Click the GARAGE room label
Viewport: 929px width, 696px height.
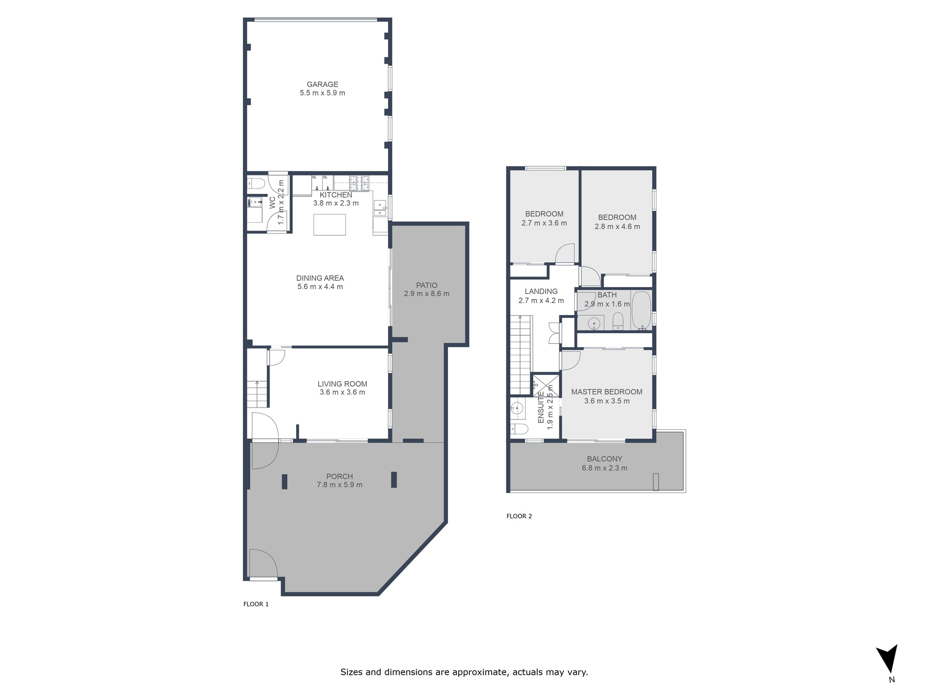pos(322,85)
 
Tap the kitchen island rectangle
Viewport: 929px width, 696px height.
pos(330,225)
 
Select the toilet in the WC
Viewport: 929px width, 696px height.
pos(256,183)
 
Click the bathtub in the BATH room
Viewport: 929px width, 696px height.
pos(642,310)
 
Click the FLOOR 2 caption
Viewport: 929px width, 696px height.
pos(519,516)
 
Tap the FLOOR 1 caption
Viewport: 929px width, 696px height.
pos(256,604)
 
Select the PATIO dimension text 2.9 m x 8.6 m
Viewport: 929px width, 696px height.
pos(427,293)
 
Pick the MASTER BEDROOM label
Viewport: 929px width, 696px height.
pos(607,392)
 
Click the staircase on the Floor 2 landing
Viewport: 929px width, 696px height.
pos(521,355)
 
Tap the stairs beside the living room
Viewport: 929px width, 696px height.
pos(258,394)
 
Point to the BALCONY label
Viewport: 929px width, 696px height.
pos(605,459)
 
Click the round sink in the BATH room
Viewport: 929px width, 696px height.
pos(594,323)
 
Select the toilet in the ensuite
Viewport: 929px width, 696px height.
pos(519,429)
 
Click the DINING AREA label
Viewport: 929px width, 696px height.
pos(320,278)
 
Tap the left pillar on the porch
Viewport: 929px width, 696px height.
pos(285,482)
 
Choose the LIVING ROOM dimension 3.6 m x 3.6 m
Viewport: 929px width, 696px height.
pos(343,392)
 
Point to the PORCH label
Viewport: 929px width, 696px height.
pos(340,477)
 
